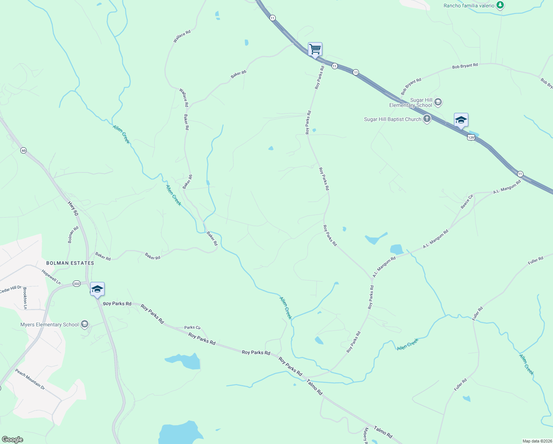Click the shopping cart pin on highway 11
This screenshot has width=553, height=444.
[315, 49]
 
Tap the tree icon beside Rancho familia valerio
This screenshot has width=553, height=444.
[500, 5]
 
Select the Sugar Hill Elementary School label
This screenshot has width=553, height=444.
[411, 102]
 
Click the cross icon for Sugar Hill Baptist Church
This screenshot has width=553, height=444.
[427, 119]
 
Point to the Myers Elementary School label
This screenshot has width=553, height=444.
[50, 324]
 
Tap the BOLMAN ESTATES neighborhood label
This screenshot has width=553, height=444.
[70, 263]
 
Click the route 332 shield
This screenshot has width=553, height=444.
[77, 284]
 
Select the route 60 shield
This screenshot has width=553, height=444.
[23, 151]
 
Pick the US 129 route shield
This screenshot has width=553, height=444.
[471, 138]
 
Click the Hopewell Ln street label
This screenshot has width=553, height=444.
[51, 277]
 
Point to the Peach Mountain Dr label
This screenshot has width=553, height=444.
[30, 379]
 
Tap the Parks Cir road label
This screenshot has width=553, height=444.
[192, 327]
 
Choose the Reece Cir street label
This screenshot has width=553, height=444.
[467, 202]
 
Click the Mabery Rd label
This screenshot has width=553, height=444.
[366, 435]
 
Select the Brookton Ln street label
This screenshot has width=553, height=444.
[25, 298]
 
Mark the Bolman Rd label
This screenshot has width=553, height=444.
[73, 235]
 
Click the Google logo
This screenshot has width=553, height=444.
[12, 440]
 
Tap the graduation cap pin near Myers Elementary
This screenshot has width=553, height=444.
[97, 289]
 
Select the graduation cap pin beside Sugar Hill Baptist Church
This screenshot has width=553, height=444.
[461, 120]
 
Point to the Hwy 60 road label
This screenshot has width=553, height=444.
[73, 209]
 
